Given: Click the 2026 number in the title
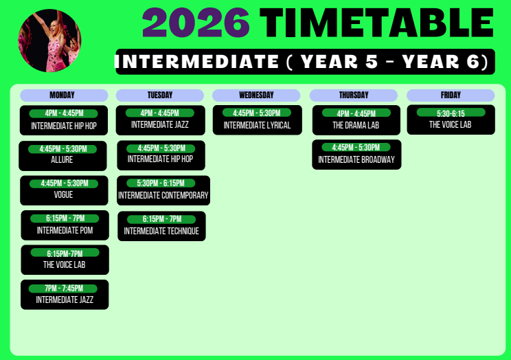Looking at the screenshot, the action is pos(196,23).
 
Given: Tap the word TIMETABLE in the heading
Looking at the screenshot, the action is pos(377,23).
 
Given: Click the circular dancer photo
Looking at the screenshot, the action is pos(49,41).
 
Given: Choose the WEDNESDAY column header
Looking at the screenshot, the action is pos(256,95).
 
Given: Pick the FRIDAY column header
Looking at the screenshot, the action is pos(451,95).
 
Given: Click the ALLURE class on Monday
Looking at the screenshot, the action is pos(62,160).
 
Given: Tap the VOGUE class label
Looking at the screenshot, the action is pos(63,194).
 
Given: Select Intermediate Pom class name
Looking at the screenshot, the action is pos(65,231).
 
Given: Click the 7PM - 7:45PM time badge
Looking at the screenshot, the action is pos(63,289).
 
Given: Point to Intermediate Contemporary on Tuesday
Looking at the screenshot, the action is pos(163,195).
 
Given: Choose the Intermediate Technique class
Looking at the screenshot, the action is pos(161,232).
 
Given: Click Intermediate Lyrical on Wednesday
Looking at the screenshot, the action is pos(257,125).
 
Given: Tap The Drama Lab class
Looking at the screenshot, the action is pos(356,125).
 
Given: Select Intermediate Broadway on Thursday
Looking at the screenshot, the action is pos(356,159).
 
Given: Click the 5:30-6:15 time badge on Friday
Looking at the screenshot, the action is pos(451,113).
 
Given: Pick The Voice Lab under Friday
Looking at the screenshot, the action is pos(450,124).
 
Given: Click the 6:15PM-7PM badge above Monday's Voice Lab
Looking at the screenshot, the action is pos(65,253).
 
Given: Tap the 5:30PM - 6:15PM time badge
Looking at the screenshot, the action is pos(161,183).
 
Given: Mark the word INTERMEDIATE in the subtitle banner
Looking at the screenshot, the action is pos(197,62).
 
